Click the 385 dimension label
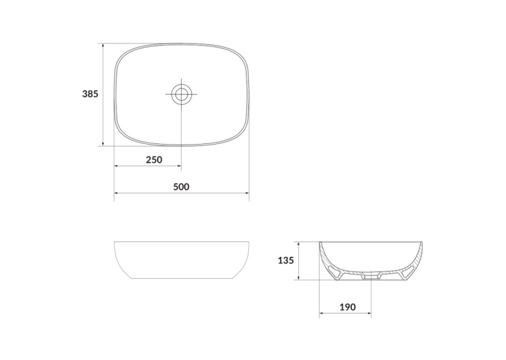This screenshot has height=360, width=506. (x=90, y=94)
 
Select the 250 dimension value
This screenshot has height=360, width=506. (x=154, y=160)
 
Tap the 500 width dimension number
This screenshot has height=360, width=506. (x=182, y=187)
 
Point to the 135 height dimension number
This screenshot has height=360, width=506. (x=286, y=260)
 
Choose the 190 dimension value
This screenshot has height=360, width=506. (x=347, y=307)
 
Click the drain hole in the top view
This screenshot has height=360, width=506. (x=182, y=94)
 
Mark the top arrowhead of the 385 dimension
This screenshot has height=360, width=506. (x=103, y=46)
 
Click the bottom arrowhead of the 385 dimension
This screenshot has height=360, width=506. (x=103, y=143)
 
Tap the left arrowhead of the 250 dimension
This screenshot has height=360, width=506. (x=117, y=166)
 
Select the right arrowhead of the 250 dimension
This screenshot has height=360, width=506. (x=178, y=166)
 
